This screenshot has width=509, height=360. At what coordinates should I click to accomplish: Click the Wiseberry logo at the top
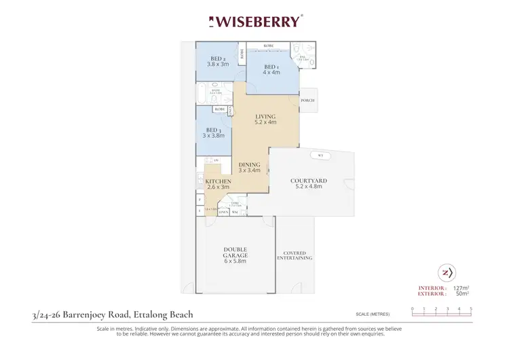tap(254, 21)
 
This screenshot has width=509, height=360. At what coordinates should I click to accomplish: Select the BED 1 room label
tap(271, 66)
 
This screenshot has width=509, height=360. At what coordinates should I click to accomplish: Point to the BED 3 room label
tap(214, 130)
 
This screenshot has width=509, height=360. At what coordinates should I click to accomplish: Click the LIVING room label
tap(265, 116)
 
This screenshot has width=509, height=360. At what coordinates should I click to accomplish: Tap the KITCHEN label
tap(219, 181)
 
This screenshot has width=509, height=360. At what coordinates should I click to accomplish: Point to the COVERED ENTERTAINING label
tap(295, 256)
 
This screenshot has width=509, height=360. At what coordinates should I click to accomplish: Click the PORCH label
tap(308, 101)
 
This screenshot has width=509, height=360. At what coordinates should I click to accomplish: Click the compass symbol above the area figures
tap(446, 272)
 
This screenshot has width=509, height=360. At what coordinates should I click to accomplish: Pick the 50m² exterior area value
tap(464, 295)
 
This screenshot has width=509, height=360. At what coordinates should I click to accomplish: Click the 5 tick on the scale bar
tap(471, 308)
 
